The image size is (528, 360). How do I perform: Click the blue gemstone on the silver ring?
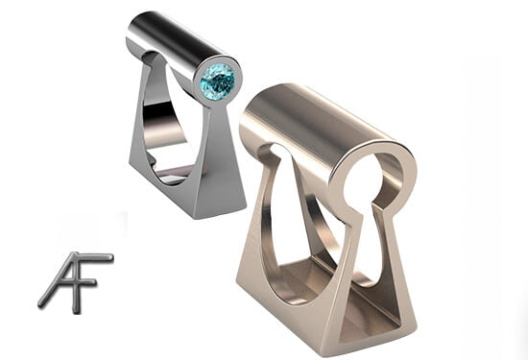218,82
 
